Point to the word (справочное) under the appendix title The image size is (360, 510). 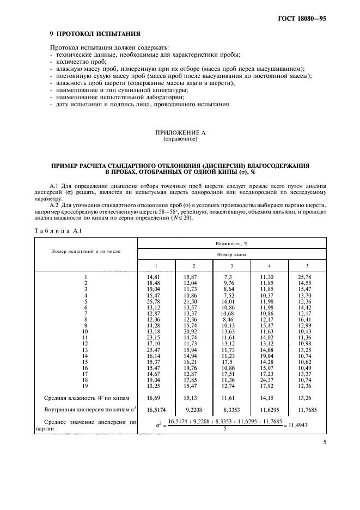[x=180, y=139]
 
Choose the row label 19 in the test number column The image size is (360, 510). [x=86, y=385]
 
